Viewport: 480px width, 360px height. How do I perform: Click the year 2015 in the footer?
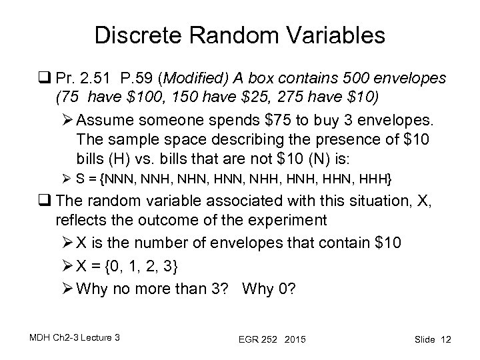point(293,340)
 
